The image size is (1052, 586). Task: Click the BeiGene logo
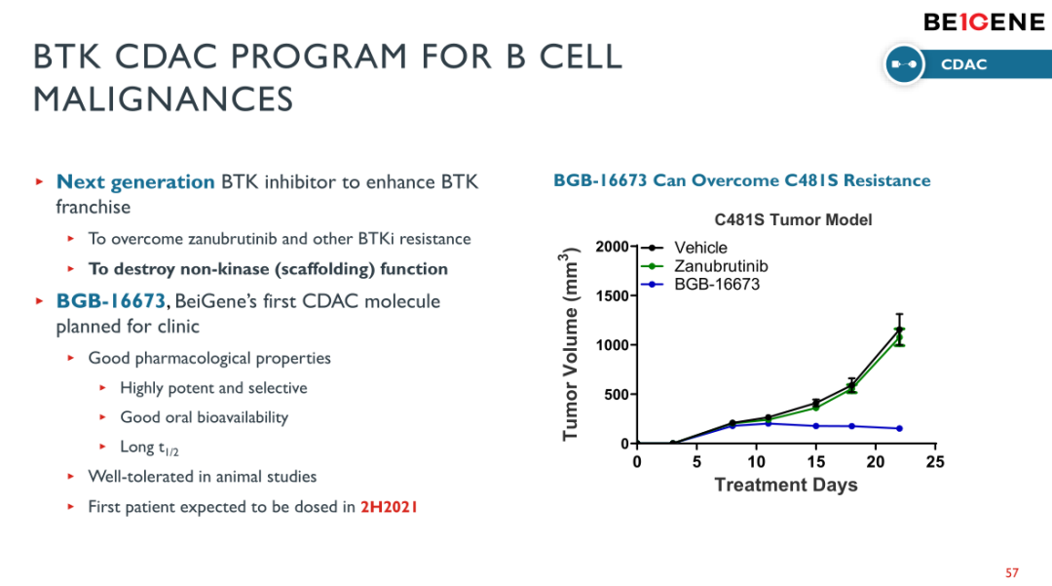pyautogui.click(x=983, y=22)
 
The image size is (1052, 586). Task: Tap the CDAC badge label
pyautogui.click(x=963, y=64)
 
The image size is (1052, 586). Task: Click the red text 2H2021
pyautogui.click(x=390, y=507)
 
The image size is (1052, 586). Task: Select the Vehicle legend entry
pyautogui.click(x=700, y=249)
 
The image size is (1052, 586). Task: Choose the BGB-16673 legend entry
pyautogui.click(x=717, y=284)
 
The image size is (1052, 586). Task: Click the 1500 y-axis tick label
pyautogui.click(x=613, y=295)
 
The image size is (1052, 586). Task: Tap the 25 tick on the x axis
pyautogui.click(x=935, y=461)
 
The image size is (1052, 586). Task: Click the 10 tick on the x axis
pyautogui.click(x=757, y=461)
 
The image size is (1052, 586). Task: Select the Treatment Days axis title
pyautogui.click(x=786, y=485)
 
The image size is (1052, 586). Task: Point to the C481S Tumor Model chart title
pyautogui.click(x=793, y=220)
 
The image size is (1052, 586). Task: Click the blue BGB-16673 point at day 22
pyautogui.click(x=899, y=429)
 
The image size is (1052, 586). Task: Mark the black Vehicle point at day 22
pyautogui.click(x=899, y=330)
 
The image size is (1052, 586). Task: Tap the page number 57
pyautogui.click(x=1011, y=571)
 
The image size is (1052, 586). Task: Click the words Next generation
pyautogui.click(x=135, y=182)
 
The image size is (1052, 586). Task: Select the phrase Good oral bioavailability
pyautogui.click(x=204, y=417)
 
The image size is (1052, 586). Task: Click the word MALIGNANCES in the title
pyautogui.click(x=164, y=98)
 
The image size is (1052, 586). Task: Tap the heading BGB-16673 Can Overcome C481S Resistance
pyautogui.click(x=741, y=180)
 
